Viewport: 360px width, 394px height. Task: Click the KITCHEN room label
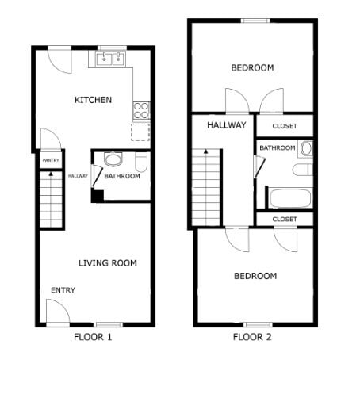click(93, 101)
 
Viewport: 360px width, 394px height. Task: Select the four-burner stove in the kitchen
click(141, 110)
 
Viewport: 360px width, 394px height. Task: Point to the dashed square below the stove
click(140, 132)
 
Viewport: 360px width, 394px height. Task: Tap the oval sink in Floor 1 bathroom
click(113, 159)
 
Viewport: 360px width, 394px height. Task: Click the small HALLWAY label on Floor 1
click(78, 176)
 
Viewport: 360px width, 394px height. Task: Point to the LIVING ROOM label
click(108, 263)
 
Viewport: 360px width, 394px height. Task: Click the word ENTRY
click(63, 290)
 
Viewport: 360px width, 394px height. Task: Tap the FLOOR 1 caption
click(93, 337)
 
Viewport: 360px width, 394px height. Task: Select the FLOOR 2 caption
click(252, 337)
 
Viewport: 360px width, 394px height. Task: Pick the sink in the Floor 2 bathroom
click(306, 148)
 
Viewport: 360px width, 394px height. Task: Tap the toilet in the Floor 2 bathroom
click(302, 170)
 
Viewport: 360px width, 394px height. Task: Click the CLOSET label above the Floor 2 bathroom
click(285, 126)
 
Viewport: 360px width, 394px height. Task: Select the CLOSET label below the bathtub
click(285, 219)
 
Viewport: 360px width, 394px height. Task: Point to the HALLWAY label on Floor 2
click(227, 125)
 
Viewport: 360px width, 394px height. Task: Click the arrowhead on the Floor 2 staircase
click(205, 151)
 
